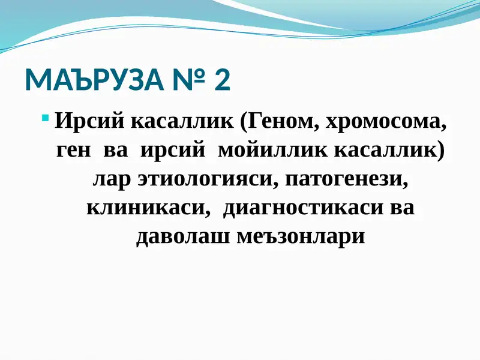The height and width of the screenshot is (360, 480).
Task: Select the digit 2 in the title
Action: coord(222,80)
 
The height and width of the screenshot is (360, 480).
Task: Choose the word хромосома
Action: coord(386,122)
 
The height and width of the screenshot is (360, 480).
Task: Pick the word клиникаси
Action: coord(148,208)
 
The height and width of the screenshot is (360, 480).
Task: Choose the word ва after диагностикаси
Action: coord(402,208)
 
